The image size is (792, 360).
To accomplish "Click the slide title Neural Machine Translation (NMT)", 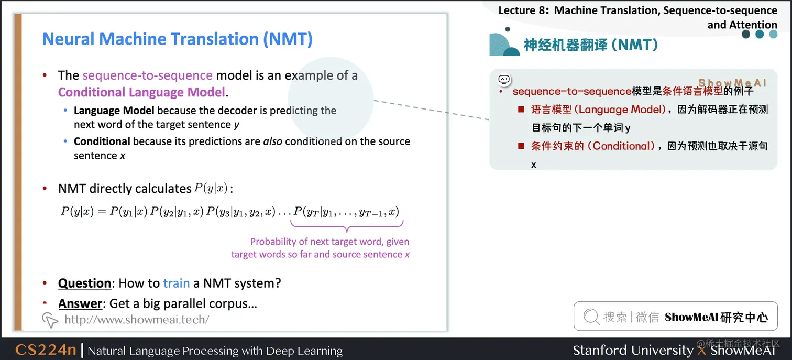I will pos(177,39).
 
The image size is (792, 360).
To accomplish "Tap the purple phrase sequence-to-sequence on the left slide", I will pos(147,75).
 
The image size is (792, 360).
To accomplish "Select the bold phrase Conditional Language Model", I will pos(141,92).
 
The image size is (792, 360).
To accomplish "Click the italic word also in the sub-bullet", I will pos(272,141).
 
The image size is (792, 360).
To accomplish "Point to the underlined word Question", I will pos(84,283).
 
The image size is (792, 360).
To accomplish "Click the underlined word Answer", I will pos(80,304).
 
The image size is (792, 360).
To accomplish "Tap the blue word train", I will pos(176,283).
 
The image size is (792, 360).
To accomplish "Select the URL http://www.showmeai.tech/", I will pos(137,319).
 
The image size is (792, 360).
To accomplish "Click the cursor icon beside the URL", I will pos(50,319).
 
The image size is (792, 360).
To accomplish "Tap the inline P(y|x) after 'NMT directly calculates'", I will pos(211,189).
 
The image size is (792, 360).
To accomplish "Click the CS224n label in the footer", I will pos(46,350).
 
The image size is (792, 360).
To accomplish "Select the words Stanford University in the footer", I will pos(633,350).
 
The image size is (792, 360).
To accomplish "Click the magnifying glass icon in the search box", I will pos(591,317).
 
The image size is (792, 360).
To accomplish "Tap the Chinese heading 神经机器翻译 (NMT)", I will pos(591,45).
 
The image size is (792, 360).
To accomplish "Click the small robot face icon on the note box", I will pos(504,80).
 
